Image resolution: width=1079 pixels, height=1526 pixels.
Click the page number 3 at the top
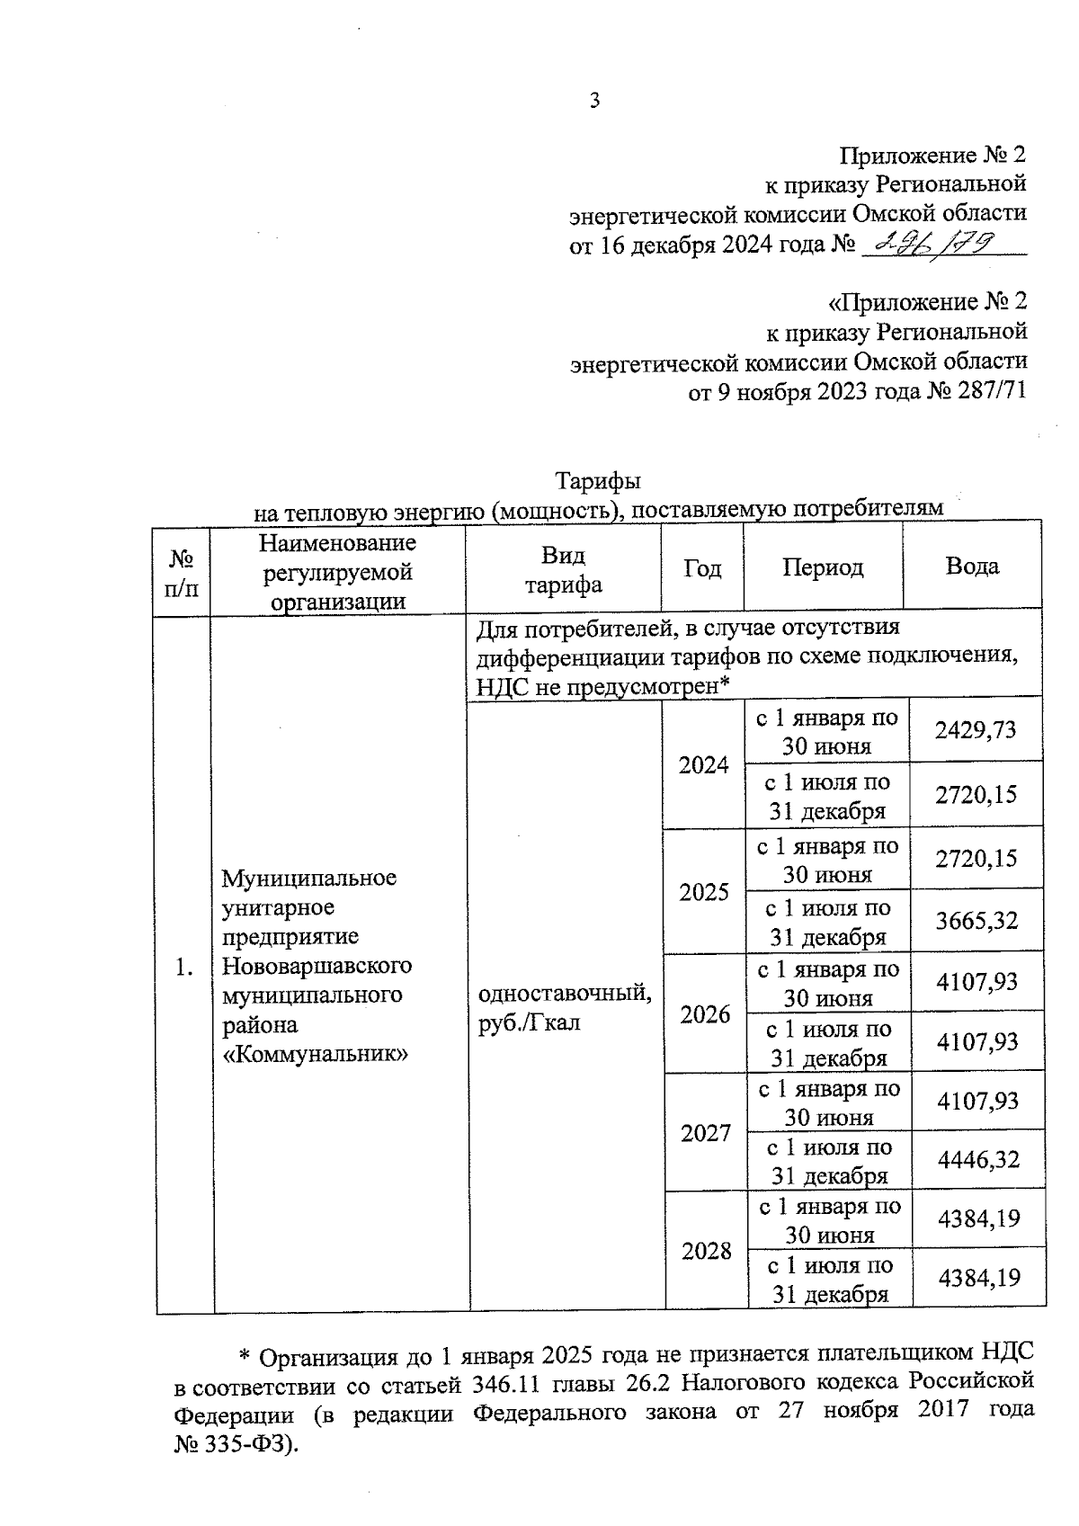pyautogui.click(x=593, y=101)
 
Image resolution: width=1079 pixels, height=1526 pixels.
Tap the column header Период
pyautogui.click(x=823, y=567)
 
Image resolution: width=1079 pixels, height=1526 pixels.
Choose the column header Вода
pyautogui.click(x=972, y=567)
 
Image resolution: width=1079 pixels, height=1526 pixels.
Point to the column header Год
pyautogui.click(x=702, y=568)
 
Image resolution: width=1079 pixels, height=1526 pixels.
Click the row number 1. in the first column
pyautogui.click(x=185, y=968)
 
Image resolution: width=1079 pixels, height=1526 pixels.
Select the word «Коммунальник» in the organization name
pyautogui.click(x=315, y=1054)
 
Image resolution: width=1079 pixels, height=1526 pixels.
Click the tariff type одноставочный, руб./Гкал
pyautogui.click(x=566, y=1007)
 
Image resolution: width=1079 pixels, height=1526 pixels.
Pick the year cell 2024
pyautogui.click(x=703, y=765)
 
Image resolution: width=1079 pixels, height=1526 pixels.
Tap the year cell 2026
pyautogui.click(x=705, y=1014)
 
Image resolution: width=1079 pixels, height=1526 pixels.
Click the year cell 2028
pyautogui.click(x=706, y=1251)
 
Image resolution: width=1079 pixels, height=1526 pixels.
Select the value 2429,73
pyautogui.click(x=976, y=730)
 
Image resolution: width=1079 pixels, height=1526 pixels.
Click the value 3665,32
pyautogui.click(x=976, y=921)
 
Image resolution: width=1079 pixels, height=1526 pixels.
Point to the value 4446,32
pyautogui.click(x=978, y=1160)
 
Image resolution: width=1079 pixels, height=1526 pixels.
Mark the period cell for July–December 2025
pyautogui.click(x=827, y=923)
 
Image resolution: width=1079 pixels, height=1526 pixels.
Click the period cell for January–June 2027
pyautogui.click(x=828, y=1102)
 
